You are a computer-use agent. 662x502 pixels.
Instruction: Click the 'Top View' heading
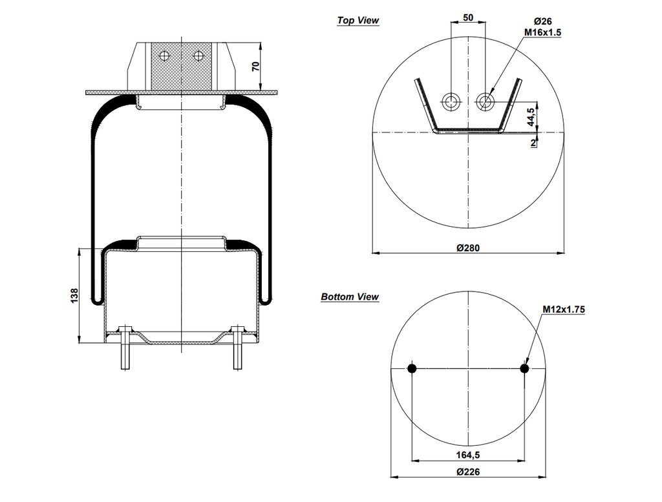pos(358,21)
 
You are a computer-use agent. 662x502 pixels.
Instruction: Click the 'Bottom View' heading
pos(350,297)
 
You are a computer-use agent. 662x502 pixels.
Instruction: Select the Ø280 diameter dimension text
pos(467,247)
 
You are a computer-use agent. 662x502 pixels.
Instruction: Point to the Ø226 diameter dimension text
pos(467,472)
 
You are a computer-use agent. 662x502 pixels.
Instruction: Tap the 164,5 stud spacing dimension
pos(467,454)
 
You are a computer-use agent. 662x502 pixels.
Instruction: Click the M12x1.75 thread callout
pos(563,309)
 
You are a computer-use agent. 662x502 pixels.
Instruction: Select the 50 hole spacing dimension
pos(467,17)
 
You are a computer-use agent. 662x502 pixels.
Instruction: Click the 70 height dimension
pos(256,67)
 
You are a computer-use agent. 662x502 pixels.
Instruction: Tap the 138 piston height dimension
pos(75,295)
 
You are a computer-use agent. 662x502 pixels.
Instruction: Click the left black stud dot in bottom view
pos(411,369)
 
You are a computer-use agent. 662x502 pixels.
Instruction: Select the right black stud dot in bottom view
pos(524,369)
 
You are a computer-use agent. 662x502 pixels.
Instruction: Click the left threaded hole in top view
pos(450,100)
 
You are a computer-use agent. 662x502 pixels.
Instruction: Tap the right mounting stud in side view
pos(238,352)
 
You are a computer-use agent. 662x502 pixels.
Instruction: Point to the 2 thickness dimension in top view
pos(533,143)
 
